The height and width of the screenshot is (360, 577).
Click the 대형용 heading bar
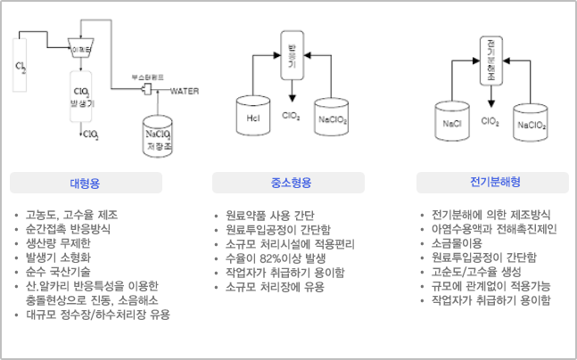[x=86, y=183]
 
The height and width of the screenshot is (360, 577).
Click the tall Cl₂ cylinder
[x=21, y=70]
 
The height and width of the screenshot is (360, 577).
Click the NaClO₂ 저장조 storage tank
[x=161, y=134]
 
